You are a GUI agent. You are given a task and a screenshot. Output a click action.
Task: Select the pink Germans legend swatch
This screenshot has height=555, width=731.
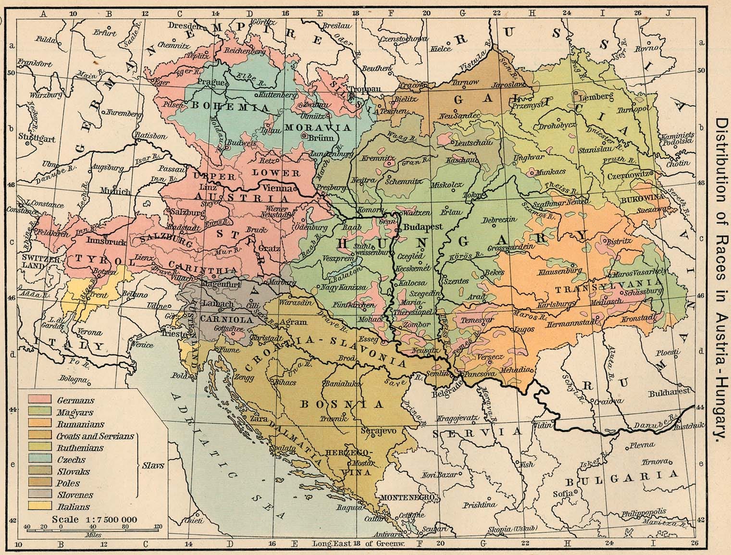pyautogui.click(x=40, y=399)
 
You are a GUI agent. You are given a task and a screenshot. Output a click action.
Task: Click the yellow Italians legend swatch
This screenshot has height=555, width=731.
pyautogui.click(x=40, y=506)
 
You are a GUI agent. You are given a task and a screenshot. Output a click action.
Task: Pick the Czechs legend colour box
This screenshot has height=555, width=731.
pyautogui.click(x=40, y=459)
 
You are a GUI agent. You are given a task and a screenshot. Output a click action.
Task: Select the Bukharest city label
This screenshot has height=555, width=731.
pyautogui.click(x=665, y=393)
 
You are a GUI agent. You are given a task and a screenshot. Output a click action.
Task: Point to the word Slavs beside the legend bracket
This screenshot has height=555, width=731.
pyautogui.click(x=154, y=465)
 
